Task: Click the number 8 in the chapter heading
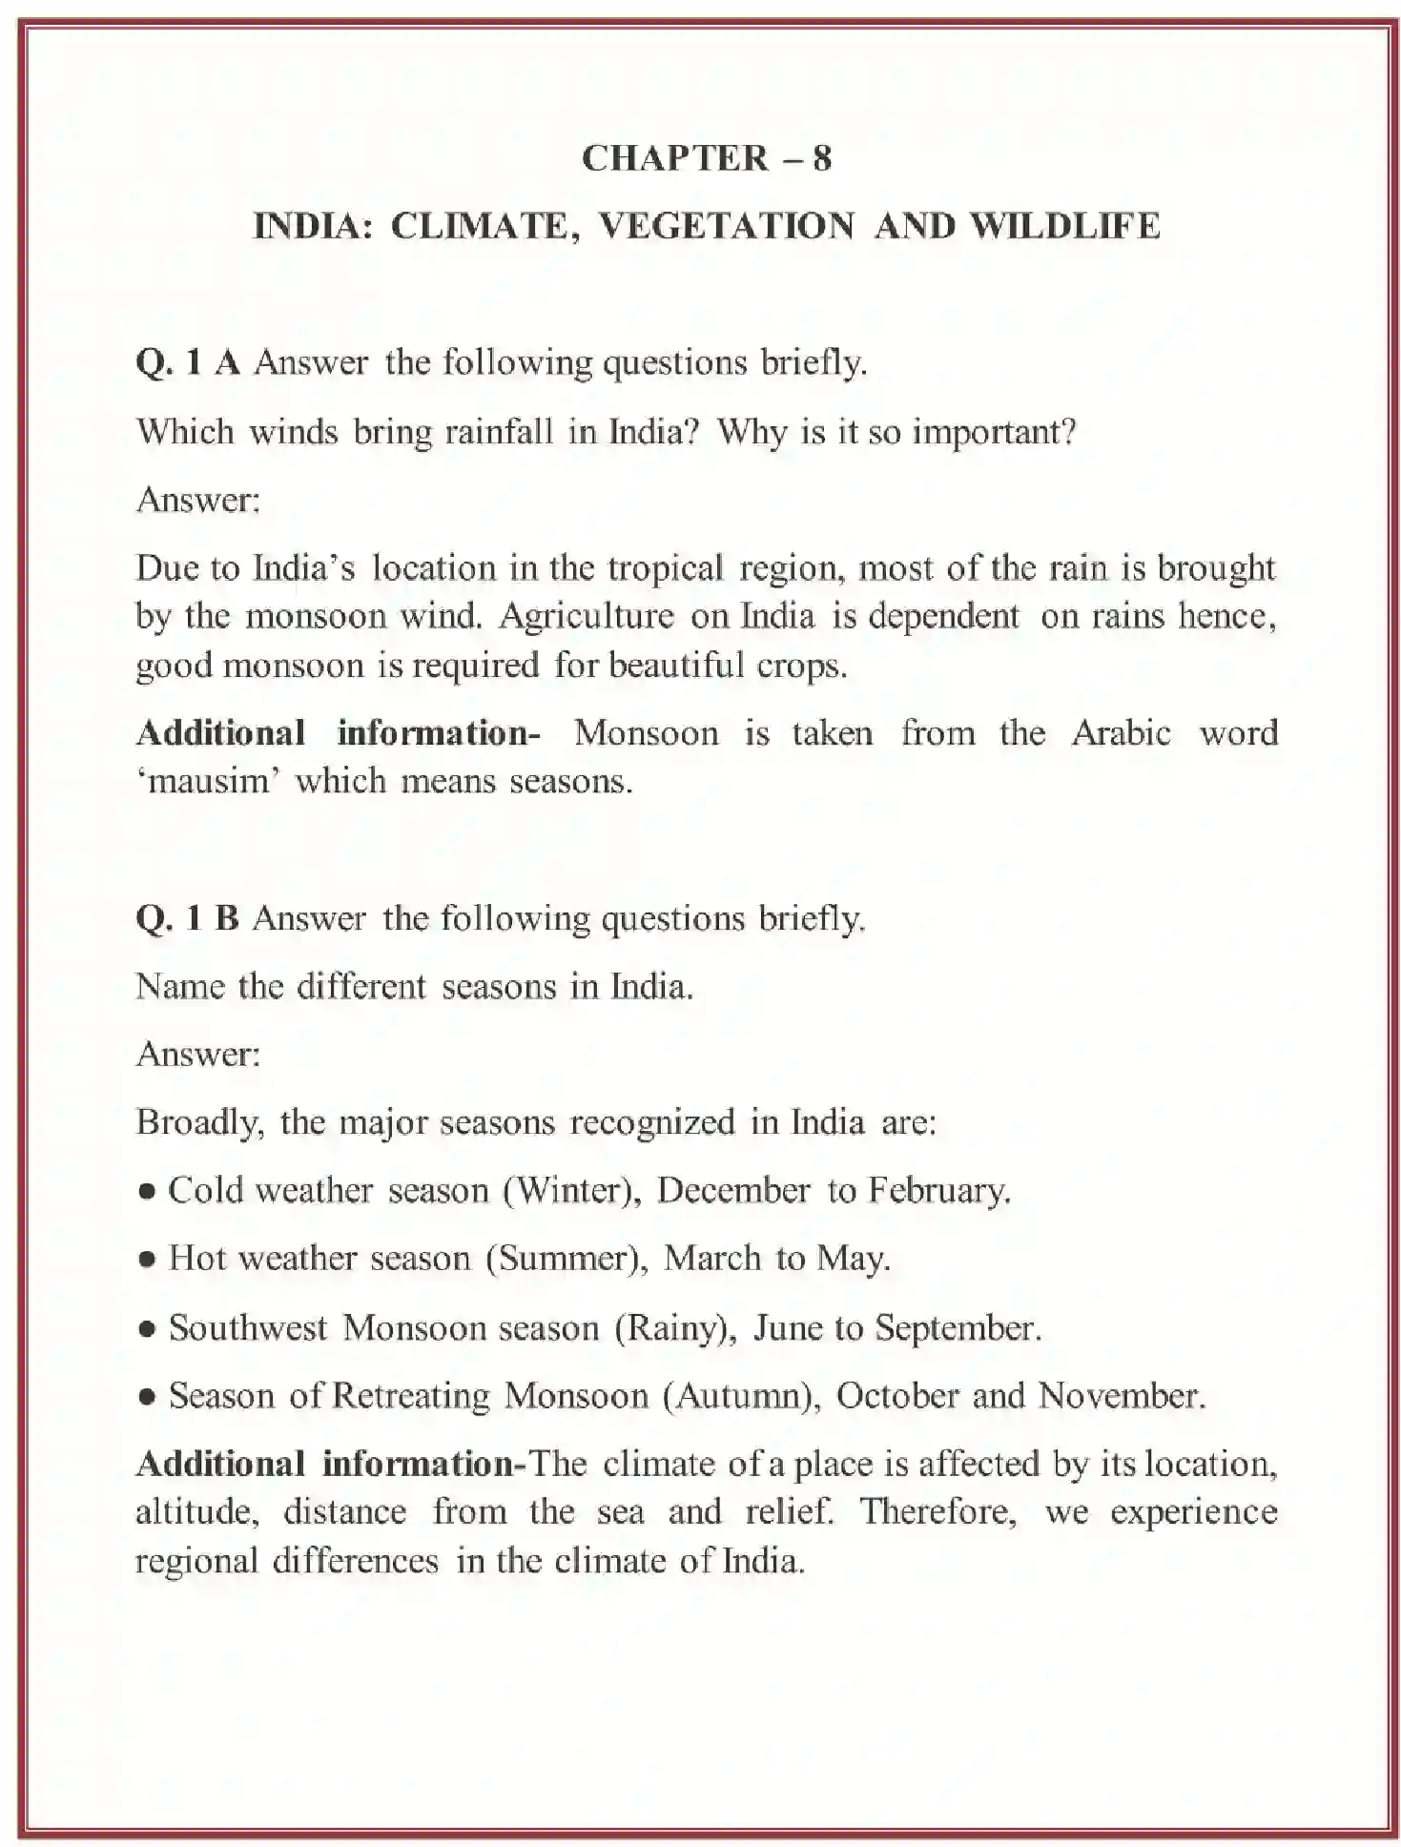tap(822, 158)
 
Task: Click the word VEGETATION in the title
tap(727, 227)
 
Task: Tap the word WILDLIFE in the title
tap(1064, 227)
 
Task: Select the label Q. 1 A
tap(188, 363)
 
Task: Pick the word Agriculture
tap(587, 616)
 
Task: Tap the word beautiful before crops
tap(676, 665)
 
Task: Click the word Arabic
tap(1121, 733)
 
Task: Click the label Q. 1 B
tap(187, 918)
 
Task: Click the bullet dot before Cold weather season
tap(147, 1192)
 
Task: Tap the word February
tap(938, 1191)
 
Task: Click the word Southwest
tap(248, 1328)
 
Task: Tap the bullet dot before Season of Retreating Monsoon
tap(147, 1398)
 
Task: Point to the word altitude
tap(194, 1512)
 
